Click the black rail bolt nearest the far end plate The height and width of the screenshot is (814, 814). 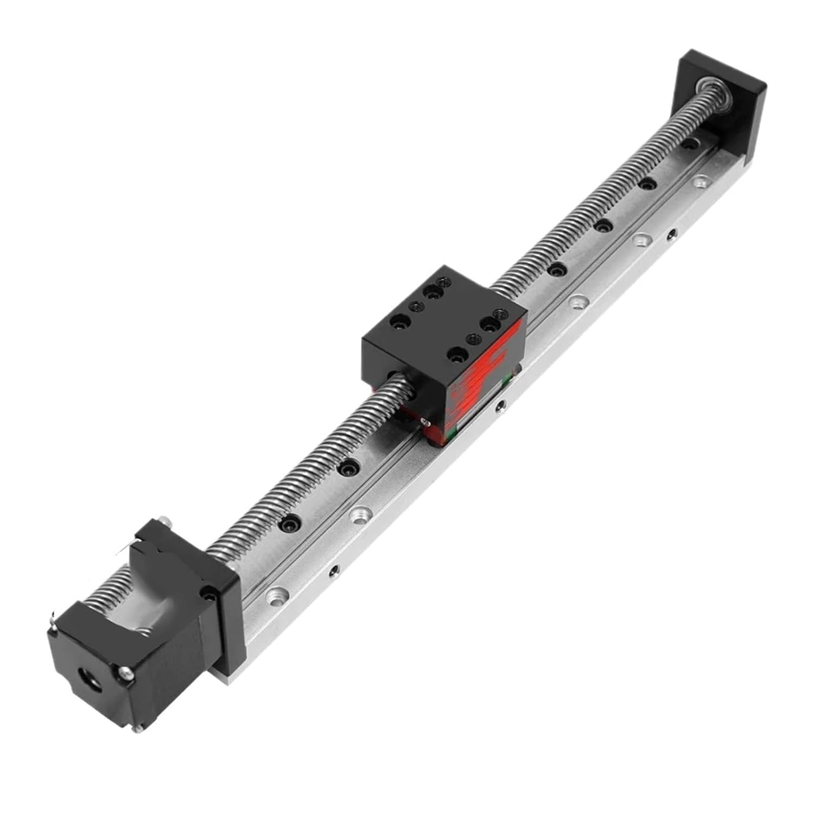(x=689, y=144)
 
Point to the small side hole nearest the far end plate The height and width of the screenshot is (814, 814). (x=673, y=235)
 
